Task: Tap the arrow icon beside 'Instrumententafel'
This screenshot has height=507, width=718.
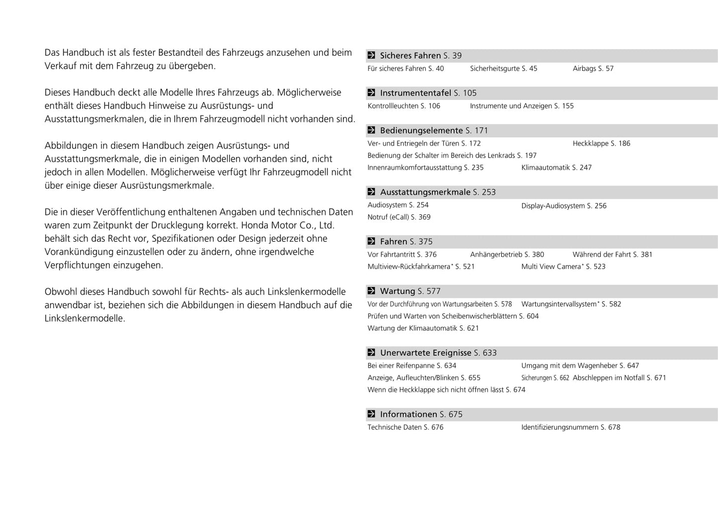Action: click(371, 93)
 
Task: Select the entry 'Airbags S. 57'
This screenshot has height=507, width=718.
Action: click(593, 69)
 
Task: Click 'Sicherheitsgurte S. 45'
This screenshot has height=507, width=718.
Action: click(503, 69)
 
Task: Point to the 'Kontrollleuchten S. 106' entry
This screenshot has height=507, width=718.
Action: click(403, 106)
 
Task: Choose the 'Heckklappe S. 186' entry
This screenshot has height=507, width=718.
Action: click(601, 143)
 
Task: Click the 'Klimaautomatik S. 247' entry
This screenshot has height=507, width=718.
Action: click(556, 168)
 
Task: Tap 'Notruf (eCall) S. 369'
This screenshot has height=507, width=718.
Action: click(399, 217)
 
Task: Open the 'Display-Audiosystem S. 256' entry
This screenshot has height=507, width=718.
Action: click(563, 206)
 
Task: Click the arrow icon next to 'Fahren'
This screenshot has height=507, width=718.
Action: click(371, 241)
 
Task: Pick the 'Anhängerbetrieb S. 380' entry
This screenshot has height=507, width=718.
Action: click(507, 255)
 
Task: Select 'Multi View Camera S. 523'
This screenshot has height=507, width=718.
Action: click(563, 267)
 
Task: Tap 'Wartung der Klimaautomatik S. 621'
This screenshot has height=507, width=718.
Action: click(423, 328)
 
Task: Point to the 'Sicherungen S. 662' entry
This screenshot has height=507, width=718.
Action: click(545, 378)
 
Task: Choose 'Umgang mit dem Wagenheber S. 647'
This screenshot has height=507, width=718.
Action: click(580, 366)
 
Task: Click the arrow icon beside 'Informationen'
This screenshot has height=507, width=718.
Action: click(371, 414)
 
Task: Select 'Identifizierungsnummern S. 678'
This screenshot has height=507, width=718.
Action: click(570, 427)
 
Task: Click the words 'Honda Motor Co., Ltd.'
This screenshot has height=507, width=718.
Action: click(288, 225)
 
